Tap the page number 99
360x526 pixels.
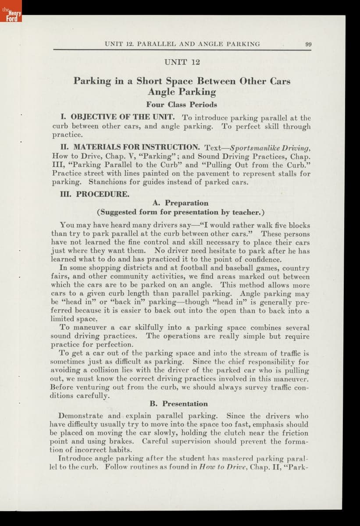click(x=308, y=44)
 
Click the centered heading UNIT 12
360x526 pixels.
click(x=182, y=62)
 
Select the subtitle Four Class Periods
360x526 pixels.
click(x=182, y=104)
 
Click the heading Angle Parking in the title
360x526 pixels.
click(x=182, y=92)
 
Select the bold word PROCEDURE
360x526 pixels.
click(x=103, y=194)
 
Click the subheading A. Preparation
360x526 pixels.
click(x=180, y=203)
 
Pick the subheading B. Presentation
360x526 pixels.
click(x=178, y=404)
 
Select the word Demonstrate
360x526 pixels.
click(x=81, y=416)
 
